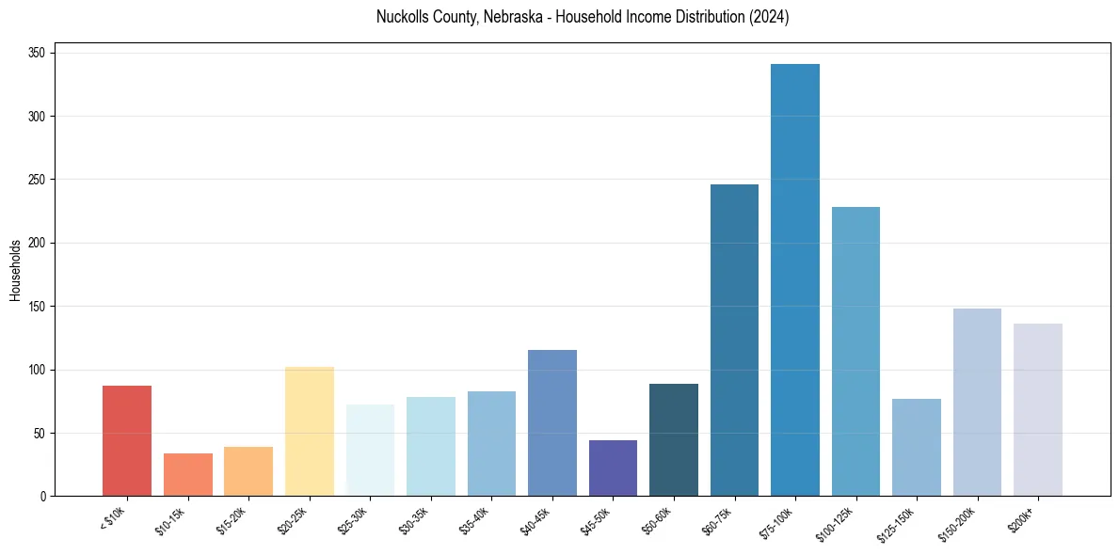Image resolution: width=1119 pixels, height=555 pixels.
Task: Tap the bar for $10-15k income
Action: [x=187, y=474]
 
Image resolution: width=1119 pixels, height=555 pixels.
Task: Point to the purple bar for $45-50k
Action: [x=613, y=468]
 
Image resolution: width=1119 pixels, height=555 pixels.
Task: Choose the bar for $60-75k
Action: [x=734, y=340]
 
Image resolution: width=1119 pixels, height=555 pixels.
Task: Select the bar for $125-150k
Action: [x=916, y=447]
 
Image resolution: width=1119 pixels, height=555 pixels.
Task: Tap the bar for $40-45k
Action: [x=552, y=422]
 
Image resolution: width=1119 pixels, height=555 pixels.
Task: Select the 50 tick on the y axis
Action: [x=43, y=434]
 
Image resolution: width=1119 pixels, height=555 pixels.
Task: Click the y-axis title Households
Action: [x=16, y=270]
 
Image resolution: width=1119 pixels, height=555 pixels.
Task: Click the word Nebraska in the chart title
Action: [x=513, y=18]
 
